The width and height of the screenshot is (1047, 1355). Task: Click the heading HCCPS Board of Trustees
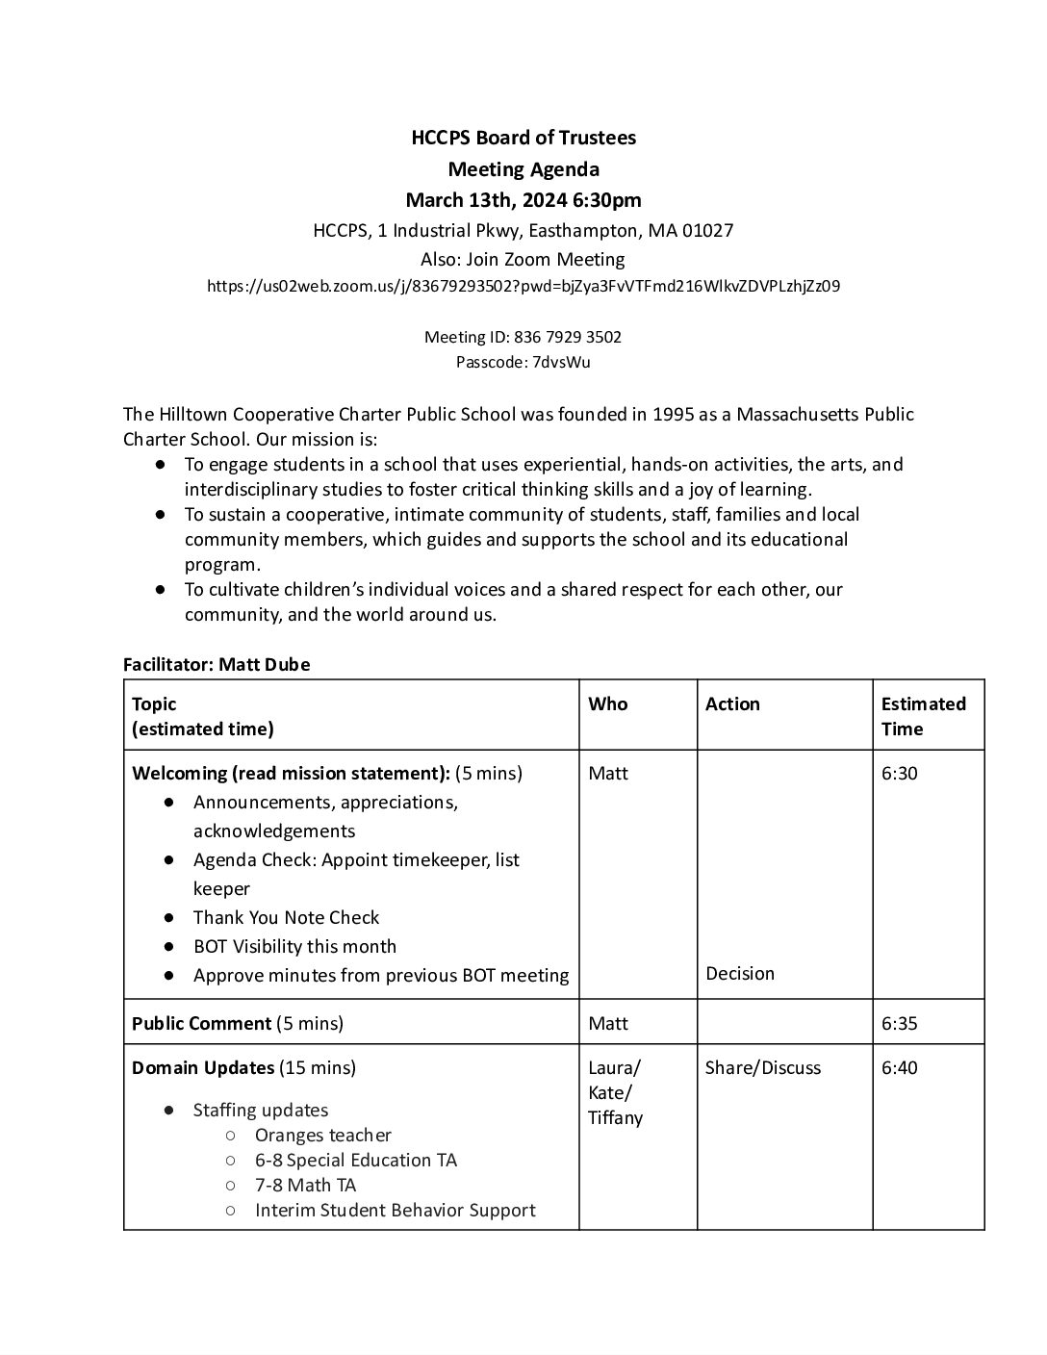coord(523,138)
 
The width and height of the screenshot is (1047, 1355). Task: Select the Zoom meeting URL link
coord(523,286)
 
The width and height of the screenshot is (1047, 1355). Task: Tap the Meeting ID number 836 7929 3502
coord(568,337)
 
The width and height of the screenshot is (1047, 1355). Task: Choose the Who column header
coord(607,704)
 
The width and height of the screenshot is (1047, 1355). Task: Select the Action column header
coord(732,704)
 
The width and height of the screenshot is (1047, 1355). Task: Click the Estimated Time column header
coord(923,716)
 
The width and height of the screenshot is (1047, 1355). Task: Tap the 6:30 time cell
coord(899,774)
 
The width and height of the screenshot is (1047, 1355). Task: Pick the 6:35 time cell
coord(899,1024)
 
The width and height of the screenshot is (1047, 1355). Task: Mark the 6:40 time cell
coord(899,1068)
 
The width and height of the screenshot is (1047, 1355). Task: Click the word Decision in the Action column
coord(739,974)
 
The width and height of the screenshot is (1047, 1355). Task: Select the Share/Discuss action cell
coord(762,1068)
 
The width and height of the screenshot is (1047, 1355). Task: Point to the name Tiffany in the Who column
coord(615,1118)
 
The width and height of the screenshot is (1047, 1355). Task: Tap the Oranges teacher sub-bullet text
coord(322,1136)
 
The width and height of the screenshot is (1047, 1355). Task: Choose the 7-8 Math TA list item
coord(305,1186)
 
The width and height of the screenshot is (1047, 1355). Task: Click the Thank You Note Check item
coord(286,918)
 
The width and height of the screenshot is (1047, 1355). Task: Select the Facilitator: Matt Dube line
coord(217,665)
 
